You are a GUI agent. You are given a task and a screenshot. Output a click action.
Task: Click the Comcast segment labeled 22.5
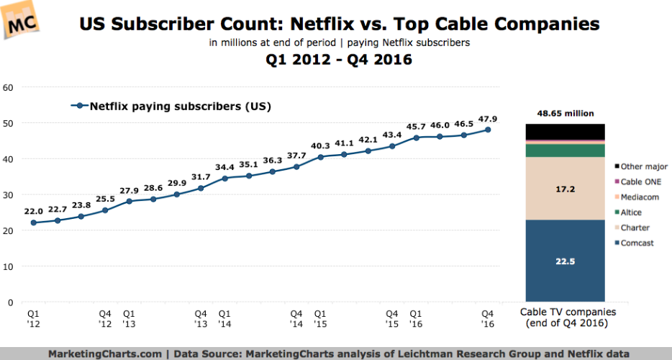(x=564, y=261)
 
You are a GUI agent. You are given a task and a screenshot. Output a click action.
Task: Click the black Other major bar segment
(x=564, y=131)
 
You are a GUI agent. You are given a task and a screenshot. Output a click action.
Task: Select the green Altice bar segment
(x=564, y=150)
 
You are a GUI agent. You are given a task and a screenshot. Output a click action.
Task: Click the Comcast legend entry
(x=636, y=243)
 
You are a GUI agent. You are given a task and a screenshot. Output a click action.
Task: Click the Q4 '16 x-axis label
(x=488, y=319)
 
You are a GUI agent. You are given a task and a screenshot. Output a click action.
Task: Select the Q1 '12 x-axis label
(x=34, y=319)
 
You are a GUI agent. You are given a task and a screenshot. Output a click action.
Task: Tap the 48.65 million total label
(x=564, y=113)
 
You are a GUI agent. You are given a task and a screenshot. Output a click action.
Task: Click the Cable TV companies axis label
(x=564, y=318)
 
